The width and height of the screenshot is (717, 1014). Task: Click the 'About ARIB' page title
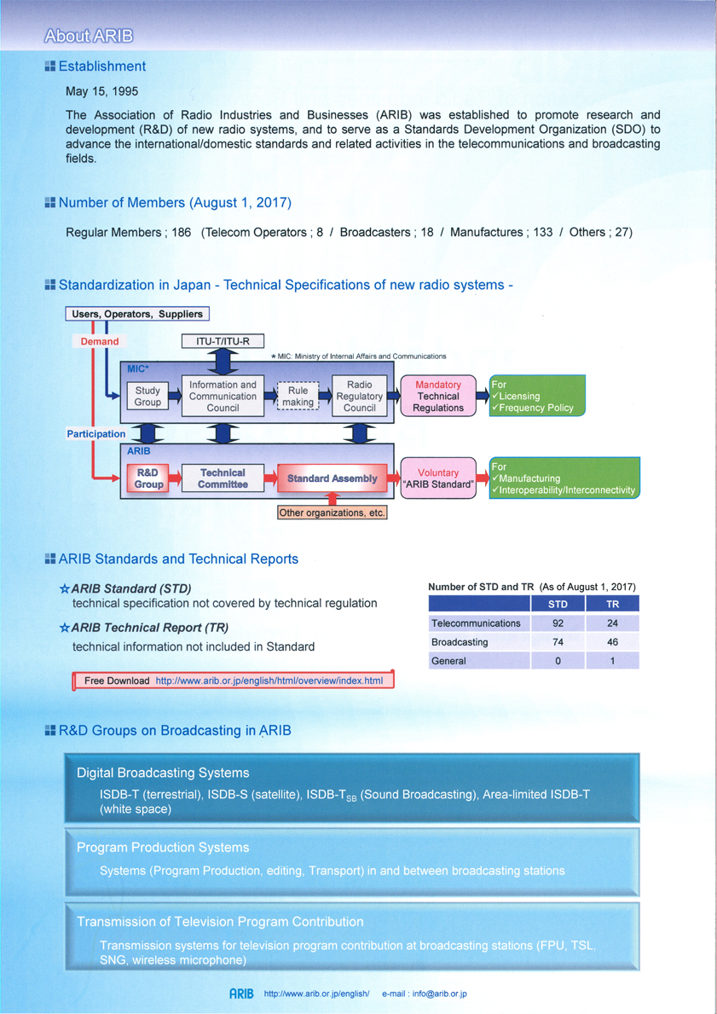coord(88,35)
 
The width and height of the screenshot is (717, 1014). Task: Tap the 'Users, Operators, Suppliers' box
coord(138,315)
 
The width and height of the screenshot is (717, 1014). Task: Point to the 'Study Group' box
coord(147,396)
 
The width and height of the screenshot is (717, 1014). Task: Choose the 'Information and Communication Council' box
coord(223,396)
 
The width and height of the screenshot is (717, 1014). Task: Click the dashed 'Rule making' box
coord(298,396)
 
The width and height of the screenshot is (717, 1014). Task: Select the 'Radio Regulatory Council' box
coord(360,396)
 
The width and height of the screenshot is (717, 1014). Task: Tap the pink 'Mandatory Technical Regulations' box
coord(437,396)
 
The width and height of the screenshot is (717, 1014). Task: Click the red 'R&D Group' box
coord(148,478)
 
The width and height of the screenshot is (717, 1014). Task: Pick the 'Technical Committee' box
coord(223,478)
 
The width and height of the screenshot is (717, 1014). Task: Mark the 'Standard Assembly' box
coord(332,479)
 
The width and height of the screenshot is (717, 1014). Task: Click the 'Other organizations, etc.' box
coord(332,513)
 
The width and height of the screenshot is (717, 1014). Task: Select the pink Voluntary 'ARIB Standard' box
coord(438,478)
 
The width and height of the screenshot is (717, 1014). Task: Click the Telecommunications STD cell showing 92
coord(558,623)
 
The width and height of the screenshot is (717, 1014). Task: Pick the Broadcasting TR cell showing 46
coord(612,642)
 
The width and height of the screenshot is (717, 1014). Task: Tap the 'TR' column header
coord(612,604)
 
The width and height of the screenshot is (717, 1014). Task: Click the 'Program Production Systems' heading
coord(163,847)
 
